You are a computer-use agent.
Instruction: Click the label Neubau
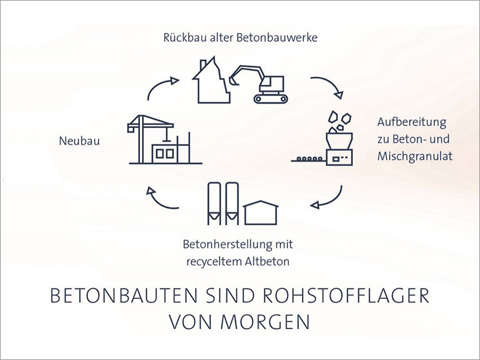tap(80, 141)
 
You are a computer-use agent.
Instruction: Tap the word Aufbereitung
tap(412, 122)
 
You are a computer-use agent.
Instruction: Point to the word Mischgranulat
tap(415, 156)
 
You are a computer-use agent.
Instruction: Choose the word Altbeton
tap(267, 261)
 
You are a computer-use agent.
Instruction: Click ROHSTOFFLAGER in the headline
tap(346, 296)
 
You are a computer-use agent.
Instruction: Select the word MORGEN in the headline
tap(265, 321)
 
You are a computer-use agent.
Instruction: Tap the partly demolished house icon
tap(211, 80)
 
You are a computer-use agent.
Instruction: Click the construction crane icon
tap(150, 139)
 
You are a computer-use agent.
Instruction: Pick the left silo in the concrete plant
tap(214, 204)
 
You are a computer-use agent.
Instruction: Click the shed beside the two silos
tap(261, 213)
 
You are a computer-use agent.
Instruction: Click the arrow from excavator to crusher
tap(331, 83)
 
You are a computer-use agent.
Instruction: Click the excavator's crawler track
tap(271, 99)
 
